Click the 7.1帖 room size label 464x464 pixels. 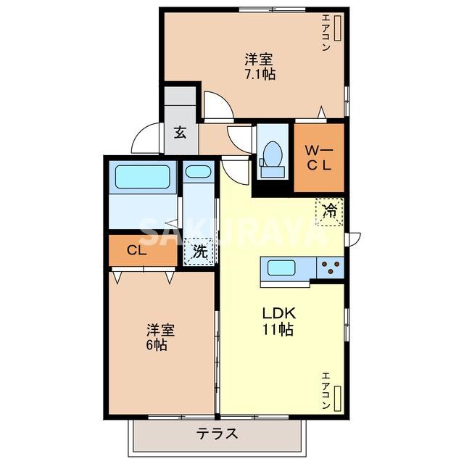tap(260, 74)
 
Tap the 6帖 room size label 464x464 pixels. tap(157, 345)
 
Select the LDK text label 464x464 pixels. tap(279, 313)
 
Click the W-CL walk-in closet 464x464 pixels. tap(319, 158)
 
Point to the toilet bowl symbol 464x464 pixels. tap(271, 153)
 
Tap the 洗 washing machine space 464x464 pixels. tap(199, 252)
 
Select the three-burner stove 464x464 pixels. tap(331, 268)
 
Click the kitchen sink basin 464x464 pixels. tap(281, 268)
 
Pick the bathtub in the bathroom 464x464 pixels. tap(143, 177)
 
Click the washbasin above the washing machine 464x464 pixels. tap(198, 172)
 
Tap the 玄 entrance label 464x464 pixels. tap(181, 132)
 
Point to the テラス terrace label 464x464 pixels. tap(217, 434)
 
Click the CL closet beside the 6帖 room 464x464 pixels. tap(143, 250)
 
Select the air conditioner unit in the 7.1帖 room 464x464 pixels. tap(337, 28)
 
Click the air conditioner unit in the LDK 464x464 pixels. tap(337, 398)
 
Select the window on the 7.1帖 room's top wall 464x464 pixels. tap(273, 10)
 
